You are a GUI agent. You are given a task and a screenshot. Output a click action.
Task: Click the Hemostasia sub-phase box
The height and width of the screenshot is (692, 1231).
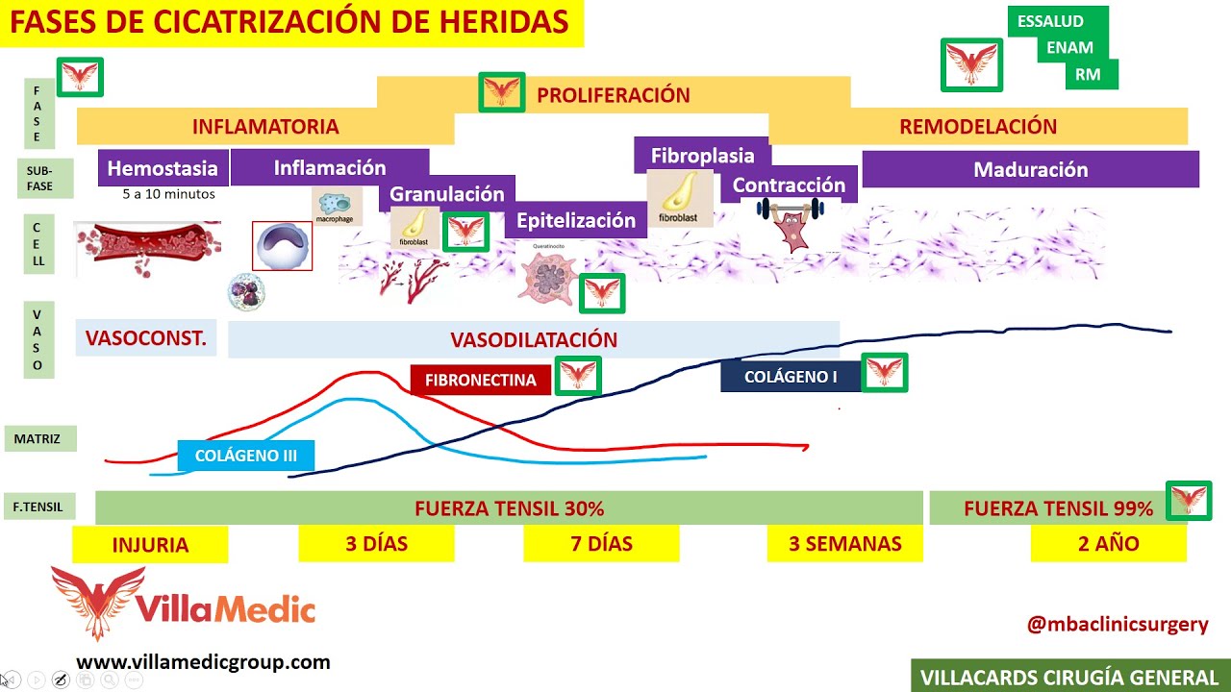pos(163,168)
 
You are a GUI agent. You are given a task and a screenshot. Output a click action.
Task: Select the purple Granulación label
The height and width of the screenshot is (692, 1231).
pos(446,193)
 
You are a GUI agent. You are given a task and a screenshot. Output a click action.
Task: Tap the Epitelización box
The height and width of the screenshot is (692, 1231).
pos(575,220)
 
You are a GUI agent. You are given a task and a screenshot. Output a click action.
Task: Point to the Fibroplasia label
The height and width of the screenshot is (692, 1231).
pos(702,156)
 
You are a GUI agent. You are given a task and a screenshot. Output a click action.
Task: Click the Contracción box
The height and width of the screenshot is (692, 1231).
pos(789,185)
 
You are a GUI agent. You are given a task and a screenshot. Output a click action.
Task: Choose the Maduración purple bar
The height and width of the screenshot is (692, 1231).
pos(1030,169)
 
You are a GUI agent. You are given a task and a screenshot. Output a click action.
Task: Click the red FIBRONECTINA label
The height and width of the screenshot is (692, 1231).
pos(480,380)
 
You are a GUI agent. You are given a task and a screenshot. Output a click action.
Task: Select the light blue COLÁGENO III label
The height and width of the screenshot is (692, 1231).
pos(246,456)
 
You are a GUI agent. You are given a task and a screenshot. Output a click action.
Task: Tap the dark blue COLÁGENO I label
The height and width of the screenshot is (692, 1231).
pos(790,377)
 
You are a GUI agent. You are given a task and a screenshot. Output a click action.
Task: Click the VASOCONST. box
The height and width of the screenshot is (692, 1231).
pos(146,338)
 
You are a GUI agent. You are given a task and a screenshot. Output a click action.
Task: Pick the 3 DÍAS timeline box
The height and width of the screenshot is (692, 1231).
pos(376,544)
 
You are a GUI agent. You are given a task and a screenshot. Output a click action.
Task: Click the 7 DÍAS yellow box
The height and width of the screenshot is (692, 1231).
pos(601,544)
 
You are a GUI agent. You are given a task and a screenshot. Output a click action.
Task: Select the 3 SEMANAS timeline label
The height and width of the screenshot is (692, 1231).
pos(844,544)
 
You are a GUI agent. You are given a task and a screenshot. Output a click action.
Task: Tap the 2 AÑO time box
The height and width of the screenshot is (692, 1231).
pos(1108,544)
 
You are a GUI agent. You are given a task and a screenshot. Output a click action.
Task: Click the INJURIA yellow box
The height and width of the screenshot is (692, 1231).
pos(150,545)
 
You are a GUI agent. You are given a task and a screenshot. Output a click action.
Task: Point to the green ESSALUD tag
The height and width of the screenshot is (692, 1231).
pos(1050,21)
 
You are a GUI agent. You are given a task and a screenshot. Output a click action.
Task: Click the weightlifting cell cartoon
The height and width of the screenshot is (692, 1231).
pos(791,225)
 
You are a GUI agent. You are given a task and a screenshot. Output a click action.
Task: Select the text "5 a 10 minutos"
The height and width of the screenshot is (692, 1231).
pos(168,194)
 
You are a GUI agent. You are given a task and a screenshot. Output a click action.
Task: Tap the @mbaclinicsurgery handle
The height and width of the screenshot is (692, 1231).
pos(1118,624)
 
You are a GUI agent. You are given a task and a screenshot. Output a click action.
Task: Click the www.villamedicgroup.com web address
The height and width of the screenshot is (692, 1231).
pos(203,661)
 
